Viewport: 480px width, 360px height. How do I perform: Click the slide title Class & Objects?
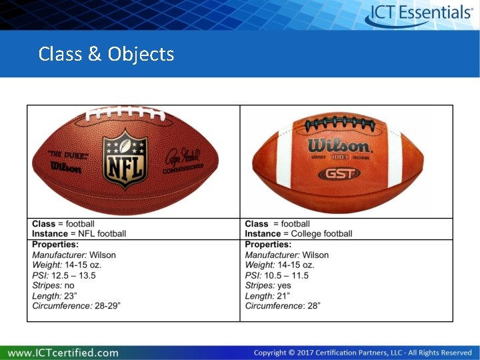click(x=107, y=54)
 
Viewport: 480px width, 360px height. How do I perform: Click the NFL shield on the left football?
click(x=124, y=161)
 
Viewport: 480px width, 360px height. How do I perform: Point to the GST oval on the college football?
click(x=339, y=173)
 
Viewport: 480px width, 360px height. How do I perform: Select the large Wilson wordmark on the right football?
click(x=339, y=145)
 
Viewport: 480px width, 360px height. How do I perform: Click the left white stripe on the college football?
click(x=285, y=164)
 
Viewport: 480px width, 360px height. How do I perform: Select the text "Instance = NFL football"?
click(x=79, y=234)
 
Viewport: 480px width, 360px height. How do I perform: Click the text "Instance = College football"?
click(x=299, y=234)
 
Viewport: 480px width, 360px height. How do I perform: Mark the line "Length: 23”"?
click(x=55, y=296)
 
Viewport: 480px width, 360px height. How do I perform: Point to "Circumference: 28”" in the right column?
click(x=283, y=306)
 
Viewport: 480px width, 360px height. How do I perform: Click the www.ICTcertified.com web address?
click(x=63, y=352)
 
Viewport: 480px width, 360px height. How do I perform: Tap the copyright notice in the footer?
click(x=363, y=353)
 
